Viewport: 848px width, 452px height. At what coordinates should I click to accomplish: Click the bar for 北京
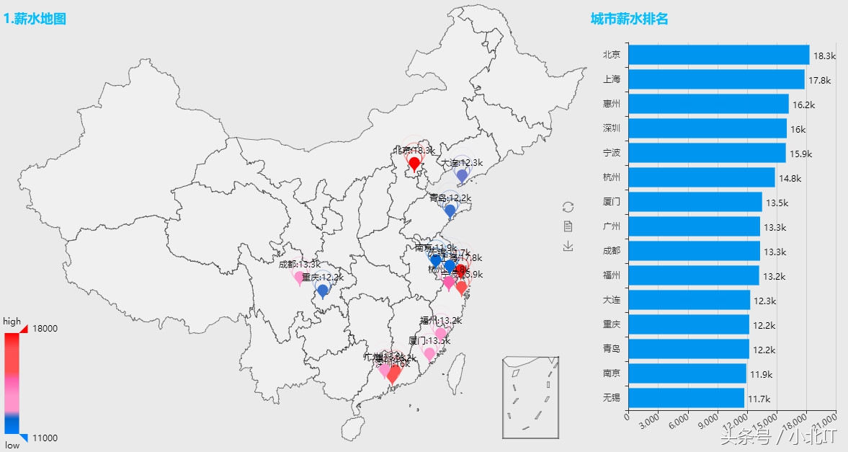coord(718,55)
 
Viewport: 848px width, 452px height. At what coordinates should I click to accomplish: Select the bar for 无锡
coord(686,398)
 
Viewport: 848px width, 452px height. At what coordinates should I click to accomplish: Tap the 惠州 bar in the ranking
coord(708,104)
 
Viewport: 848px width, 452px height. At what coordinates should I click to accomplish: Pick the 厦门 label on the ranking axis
coord(612,202)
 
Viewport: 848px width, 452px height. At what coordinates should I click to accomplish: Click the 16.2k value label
coord(803,105)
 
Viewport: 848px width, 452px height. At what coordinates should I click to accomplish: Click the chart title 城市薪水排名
coord(629,19)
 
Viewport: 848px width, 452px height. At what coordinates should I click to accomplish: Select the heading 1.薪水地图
coord(35,19)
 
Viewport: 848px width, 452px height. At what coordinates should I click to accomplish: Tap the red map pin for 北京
coord(414,164)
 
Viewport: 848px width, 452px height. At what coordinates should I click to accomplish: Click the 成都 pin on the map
coord(299,277)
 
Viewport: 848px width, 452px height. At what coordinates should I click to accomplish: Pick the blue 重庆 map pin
coord(323,291)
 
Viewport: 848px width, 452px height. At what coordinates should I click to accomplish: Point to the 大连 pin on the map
coord(462,175)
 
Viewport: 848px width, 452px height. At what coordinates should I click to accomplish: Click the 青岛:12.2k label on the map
coord(450,198)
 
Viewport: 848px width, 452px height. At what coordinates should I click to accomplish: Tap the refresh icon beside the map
coord(568,207)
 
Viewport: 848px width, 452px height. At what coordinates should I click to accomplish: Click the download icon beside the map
coord(568,247)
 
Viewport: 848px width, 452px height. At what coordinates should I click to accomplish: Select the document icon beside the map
coord(568,226)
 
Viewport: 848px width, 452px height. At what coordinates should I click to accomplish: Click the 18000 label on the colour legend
coord(45,328)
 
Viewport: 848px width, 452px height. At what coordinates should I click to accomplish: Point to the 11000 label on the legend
coord(45,438)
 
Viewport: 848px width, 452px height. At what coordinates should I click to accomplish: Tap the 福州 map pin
coord(440,333)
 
